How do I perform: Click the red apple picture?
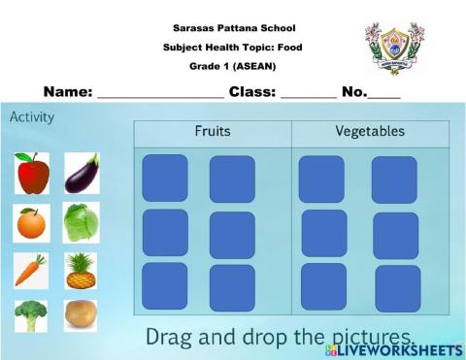[33, 174]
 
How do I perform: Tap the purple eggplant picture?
[82, 173]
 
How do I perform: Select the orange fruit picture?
[31, 224]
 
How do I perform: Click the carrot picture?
[31, 271]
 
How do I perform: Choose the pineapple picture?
[82, 271]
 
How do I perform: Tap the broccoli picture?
[31, 315]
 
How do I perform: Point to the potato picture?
[81, 315]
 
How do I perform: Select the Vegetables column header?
[370, 131]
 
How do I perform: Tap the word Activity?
[32, 117]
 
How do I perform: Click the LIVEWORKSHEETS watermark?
[406, 348]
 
